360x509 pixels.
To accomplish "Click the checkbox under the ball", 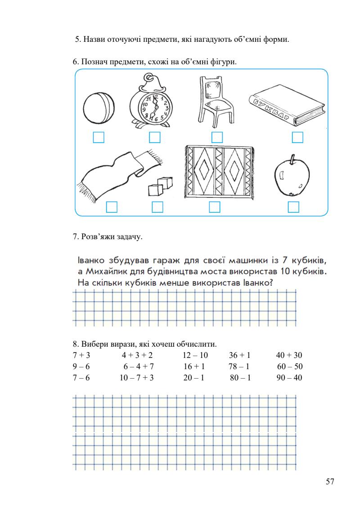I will [99, 137].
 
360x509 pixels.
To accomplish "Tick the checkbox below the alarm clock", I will [155, 137].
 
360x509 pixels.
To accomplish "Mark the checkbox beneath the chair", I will [217, 137].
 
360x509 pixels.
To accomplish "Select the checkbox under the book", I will [297, 137].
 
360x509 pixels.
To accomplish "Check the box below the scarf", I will [112, 207].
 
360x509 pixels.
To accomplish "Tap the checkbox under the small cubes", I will [157, 207].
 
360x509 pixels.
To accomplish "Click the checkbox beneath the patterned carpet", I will [215, 207].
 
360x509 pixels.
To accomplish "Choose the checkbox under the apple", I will [293, 207].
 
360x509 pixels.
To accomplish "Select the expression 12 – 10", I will [195, 355].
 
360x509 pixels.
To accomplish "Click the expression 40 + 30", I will [289, 355].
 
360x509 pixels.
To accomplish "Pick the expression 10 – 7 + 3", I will [137, 378].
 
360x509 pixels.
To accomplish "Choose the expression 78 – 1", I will [239, 366].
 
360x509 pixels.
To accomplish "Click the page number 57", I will [330, 482].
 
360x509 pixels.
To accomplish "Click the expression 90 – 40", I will [289, 378].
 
